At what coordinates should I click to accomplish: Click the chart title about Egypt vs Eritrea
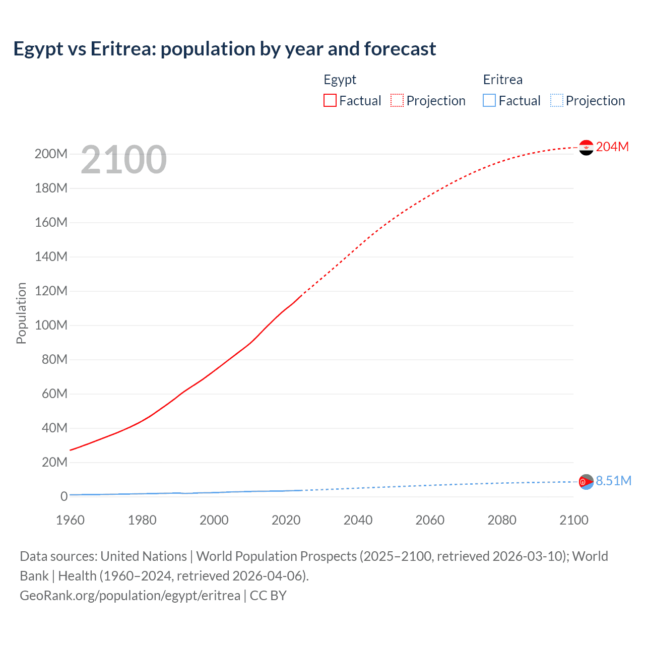(x=225, y=49)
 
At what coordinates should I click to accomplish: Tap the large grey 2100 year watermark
(x=123, y=160)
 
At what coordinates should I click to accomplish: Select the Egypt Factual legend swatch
(x=330, y=101)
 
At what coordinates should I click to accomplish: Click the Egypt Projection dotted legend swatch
(x=397, y=101)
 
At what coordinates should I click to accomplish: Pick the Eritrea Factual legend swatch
(x=489, y=101)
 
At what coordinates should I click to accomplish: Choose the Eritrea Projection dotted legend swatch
(x=557, y=101)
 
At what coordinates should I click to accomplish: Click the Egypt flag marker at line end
(x=586, y=147)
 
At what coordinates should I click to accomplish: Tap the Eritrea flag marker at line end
(x=586, y=482)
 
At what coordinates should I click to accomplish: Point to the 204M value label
(x=612, y=147)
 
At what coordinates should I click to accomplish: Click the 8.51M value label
(x=613, y=481)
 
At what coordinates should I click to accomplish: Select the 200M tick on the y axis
(x=51, y=154)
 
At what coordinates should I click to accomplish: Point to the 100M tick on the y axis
(x=51, y=325)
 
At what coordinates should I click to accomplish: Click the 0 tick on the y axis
(x=63, y=496)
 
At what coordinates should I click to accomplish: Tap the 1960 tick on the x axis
(x=70, y=520)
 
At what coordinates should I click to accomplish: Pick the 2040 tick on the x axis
(x=358, y=520)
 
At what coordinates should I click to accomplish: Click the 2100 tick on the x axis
(x=573, y=520)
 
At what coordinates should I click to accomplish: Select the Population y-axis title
(x=21, y=313)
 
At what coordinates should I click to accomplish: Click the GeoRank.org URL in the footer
(x=130, y=596)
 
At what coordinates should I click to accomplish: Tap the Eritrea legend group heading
(x=502, y=80)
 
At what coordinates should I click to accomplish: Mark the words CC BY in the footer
(x=268, y=596)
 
